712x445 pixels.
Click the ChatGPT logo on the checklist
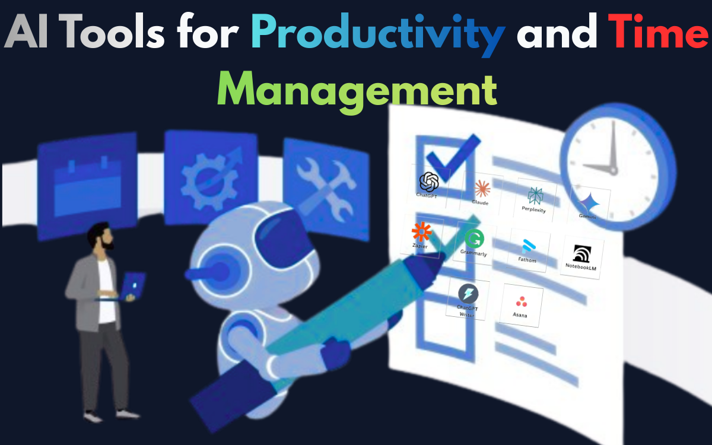click(x=428, y=180)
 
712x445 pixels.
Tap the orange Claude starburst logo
click(x=482, y=189)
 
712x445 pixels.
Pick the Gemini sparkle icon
click(x=589, y=202)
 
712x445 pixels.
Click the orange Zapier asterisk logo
click(x=421, y=232)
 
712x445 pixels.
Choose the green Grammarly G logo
click(x=474, y=239)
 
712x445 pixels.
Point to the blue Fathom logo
click(x=527, y=246)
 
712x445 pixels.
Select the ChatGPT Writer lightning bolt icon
click(x=468, y=293)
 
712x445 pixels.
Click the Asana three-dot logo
click(x=521, y=301)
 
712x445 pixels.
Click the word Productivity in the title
click(x=377, y=35)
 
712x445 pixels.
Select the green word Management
click(x=357, y=91)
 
